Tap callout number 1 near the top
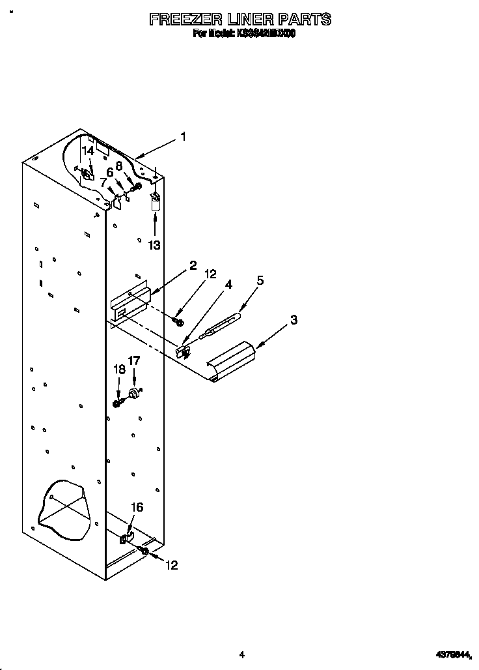click(184, 137)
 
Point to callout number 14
click(88, 151)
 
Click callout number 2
click(193, 265)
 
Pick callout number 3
click(294, 319)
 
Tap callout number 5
click(260, 280)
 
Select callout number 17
click(133, 360)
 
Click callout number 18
click(120, 369)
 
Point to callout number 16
click(137, 508)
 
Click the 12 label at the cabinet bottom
click(171, 565)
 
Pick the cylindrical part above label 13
click(155, 205)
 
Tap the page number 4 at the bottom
click(241, 654)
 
